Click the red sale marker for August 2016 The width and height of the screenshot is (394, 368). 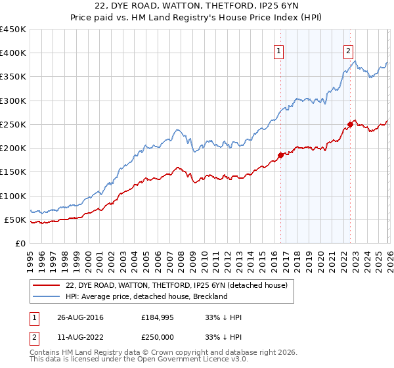tap(280, 155)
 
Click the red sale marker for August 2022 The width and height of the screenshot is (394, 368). tap(350, 124)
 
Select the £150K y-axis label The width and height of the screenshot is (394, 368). tap(13, 172)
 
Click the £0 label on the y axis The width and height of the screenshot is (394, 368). tap(20, 244)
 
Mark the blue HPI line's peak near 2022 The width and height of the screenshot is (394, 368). tap(355, 61)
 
